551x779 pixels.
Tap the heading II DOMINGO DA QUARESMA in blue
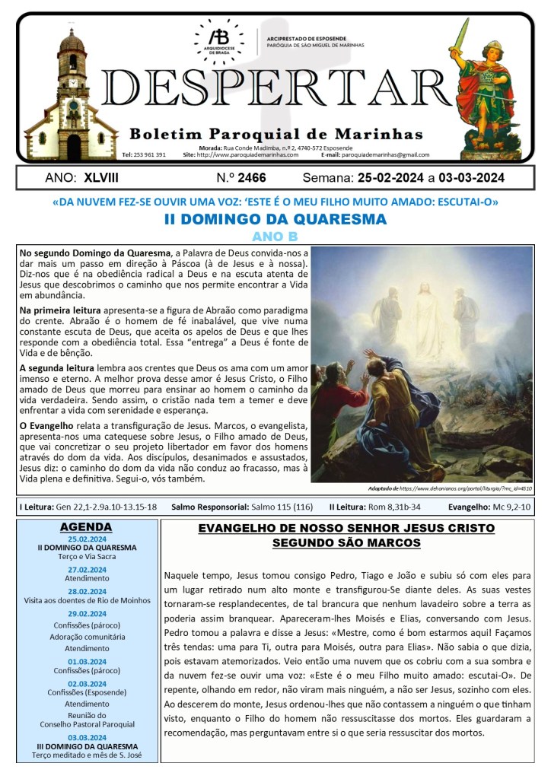coord(275,220)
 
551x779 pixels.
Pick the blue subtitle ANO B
coord(275,237)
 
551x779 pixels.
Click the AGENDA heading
coord(86,526)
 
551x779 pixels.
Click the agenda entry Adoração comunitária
coord(86,637)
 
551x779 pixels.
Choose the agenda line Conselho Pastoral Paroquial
coord(86,723)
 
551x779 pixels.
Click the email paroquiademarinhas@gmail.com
coord(386,154)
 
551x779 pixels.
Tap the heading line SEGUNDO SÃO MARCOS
coord(346,543)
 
